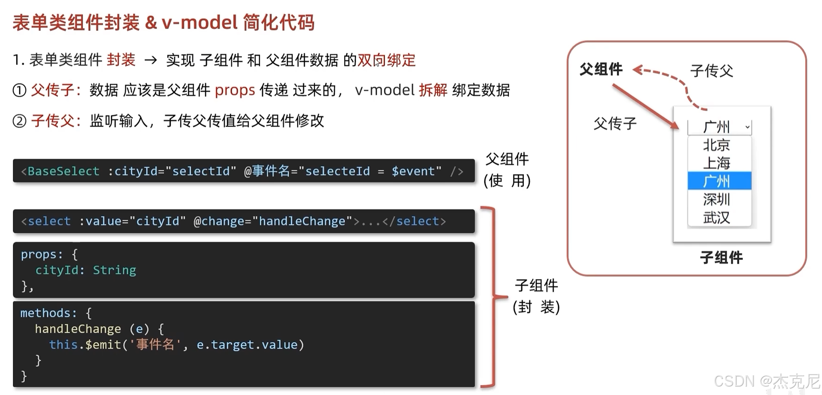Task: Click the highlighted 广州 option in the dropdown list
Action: tap(719, 181)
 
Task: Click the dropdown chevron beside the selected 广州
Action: tap(747, 127)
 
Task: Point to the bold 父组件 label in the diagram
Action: tap(601, 69)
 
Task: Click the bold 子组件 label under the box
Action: tap(721, 257)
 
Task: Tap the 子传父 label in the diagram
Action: tap(711, 71)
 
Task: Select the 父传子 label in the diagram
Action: tap(615, 123)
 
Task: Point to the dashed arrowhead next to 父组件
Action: tap(638, 70)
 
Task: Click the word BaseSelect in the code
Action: tap(63, 171)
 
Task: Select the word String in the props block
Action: tap(114, 270)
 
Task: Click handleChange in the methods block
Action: tap(78, 329)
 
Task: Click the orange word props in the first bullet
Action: tap(235, 90)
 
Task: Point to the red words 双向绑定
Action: tap(386, 60)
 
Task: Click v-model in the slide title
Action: tap(199, 22)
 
